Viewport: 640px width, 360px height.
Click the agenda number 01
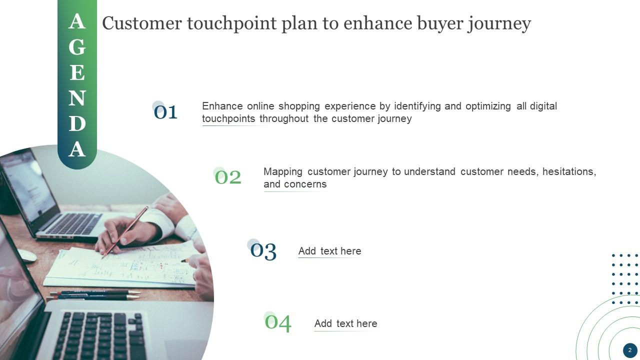click(x=165, y=112)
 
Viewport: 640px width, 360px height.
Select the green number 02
click(x=228, y=177)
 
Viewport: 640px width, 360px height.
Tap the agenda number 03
click(x=263, y=251)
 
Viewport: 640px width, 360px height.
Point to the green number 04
click(x=278, y=323)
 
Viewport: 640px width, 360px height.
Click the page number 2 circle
click(x=630, y=350)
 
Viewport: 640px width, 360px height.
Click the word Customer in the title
click(x=142, y=23)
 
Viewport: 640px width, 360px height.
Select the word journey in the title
click(x=499, y=24)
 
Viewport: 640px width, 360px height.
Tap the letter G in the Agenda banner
click(x=77, y=47)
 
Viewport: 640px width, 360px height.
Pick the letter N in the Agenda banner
click(x=77, y=98)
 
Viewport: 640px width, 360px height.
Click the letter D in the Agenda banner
click(x=77, y=123)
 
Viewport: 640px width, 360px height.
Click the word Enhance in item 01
click(x=222, y=106)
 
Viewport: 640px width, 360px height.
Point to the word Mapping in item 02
click(x=283, y=172)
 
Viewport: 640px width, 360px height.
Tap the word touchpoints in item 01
click(x=228, y=118)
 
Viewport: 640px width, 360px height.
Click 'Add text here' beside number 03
click(x=329, y=251)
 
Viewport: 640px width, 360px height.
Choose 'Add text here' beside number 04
click(x=345, y=323)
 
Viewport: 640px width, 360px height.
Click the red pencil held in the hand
click(x=125, y=232)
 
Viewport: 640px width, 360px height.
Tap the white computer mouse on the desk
click(x=26, y=255)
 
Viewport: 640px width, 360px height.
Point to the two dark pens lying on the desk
click(x=94, y=295)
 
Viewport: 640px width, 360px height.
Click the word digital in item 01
click(x=543, y=106)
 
